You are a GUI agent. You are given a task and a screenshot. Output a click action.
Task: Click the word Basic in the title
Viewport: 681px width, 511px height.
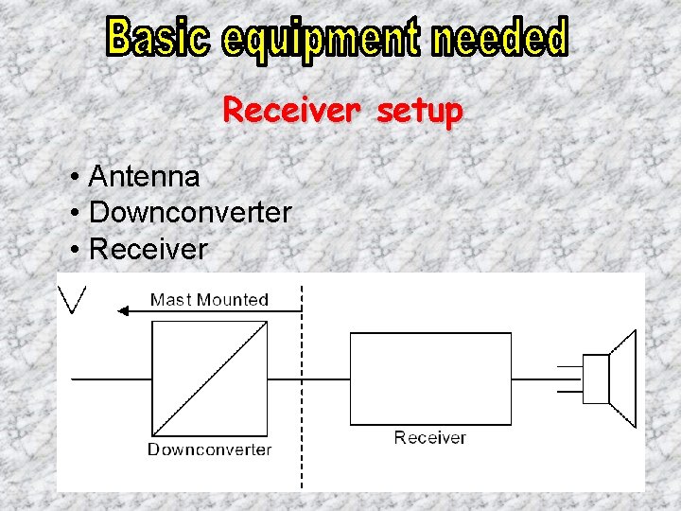pos(159,38)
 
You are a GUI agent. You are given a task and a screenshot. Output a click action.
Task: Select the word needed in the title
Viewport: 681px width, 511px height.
pos(499,38)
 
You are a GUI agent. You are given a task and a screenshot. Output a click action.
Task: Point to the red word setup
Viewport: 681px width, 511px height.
pos(419,113)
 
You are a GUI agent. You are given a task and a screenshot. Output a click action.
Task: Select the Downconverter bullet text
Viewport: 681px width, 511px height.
pos(190,213)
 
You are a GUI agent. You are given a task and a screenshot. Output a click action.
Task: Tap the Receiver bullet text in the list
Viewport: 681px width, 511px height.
pos(148,249)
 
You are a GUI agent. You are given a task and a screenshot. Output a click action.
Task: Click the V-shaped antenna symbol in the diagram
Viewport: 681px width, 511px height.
pos(73,299)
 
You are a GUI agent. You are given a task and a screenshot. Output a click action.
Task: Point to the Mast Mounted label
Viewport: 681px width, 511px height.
pos(209,300)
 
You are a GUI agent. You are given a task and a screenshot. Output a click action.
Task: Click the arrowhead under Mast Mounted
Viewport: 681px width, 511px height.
pos(121,310)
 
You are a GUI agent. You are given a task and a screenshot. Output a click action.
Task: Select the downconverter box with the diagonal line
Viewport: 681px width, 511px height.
pos(209,379)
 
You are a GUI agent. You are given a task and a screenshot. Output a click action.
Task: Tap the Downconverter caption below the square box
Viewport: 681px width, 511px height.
pos(209,449)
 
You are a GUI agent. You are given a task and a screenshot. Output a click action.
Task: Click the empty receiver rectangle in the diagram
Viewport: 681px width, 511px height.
pos(430,378)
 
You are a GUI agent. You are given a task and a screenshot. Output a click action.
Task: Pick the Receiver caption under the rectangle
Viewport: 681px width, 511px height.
pos(429,437)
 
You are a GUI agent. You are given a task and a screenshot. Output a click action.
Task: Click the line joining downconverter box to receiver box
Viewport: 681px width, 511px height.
pos(308,379)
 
